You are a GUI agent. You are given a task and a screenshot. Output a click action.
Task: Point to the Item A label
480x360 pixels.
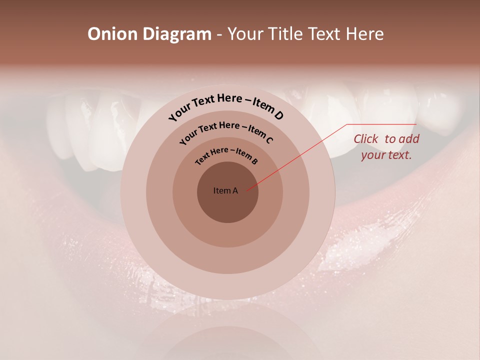coord(225,190)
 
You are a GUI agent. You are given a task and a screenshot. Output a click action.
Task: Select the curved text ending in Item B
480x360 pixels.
coord(226,155)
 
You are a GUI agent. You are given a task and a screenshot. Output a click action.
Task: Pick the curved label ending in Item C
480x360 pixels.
coord(226,131)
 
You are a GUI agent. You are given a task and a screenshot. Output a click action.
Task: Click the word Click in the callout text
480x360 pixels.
coord(366,139)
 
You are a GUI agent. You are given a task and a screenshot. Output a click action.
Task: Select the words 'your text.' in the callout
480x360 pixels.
coord(386,155)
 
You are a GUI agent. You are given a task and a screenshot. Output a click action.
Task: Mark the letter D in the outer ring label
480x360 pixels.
coord(278,115)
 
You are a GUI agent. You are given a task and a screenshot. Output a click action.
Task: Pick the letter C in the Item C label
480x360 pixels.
coord(268,139)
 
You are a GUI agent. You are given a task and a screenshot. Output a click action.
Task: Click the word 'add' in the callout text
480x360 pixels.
coord(409,139)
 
